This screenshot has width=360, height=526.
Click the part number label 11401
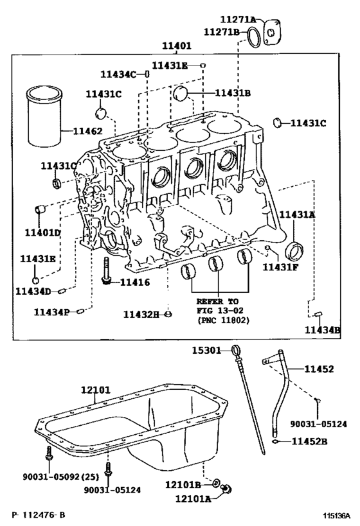coord(176,47)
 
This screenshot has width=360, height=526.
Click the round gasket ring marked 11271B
coord(255,36)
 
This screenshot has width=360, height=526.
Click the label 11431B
coord(233,93)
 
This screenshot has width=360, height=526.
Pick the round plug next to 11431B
coord(183,95)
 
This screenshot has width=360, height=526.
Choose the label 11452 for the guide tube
coord(319,369)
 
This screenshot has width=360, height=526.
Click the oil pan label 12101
coord(96,390)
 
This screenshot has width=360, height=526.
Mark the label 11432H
coord(141,314)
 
